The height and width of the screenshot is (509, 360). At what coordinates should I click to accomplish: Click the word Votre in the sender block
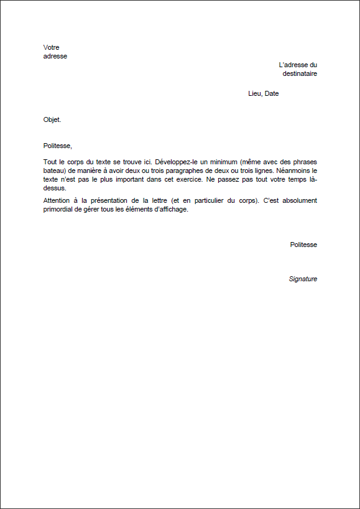click(x=52, y=47)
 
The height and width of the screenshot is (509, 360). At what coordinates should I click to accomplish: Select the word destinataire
click(x=300, y=73)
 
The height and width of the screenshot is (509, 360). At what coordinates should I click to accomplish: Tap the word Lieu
click(x=254, y=94)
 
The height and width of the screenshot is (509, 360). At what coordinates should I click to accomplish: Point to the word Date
click(x=271, y=94)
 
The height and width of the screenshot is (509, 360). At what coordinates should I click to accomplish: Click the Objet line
click(x=52, y=119)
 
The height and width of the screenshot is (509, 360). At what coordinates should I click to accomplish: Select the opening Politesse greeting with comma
click(x=58, y=146)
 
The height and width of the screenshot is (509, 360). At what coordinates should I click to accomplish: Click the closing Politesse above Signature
click(x=303, y=245)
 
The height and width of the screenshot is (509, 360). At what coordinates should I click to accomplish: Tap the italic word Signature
click(x=303, y=279)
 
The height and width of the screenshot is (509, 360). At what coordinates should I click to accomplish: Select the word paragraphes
click(x=205, y=170)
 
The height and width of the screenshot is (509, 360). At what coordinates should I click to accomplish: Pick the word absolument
click(x=298, y=200)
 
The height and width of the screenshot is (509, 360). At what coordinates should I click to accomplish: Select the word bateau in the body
click(x=53, y=170)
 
